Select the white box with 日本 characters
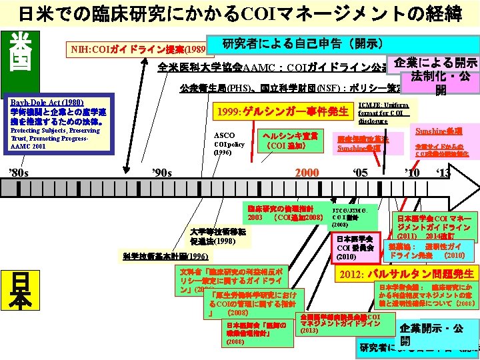point(21,293)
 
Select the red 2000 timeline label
point(307,173)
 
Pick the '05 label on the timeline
point(360,173)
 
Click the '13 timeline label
point(445,173)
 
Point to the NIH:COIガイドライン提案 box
point(139,49)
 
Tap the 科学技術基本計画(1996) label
point(166,257)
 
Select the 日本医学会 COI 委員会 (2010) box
point(356,247)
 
